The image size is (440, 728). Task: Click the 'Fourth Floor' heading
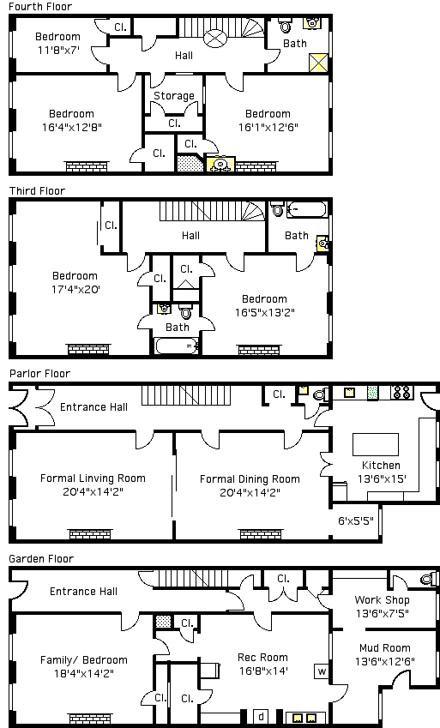click(x=40, y=7)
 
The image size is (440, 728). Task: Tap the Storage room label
click(x=174, y=96)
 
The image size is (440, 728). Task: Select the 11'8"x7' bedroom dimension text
click(x=58, y=50)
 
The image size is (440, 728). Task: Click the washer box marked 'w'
click(x=322, y=671)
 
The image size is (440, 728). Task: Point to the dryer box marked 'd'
click(x=261, y=715)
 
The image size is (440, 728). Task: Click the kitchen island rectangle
click(x=376, y=444)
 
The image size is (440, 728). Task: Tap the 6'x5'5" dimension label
click(x=355, y=521)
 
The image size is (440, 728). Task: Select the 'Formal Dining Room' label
click(x=250, y=479)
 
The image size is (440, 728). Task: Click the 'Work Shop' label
click(x=382, y=600)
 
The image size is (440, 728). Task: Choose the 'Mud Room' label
click(x=385, y=648)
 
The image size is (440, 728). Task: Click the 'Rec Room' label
click(x=262, y=658)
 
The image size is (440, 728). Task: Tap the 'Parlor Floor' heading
click(x=40, y=374)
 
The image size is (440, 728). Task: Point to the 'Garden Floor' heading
click(x=41, y=558)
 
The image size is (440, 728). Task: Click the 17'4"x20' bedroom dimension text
click(x=75, y=289)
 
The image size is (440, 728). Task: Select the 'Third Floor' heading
click(x=37, y=191)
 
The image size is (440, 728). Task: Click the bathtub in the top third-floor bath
click(x=307, y=209)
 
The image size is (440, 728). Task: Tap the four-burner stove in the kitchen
click(x=402, y=393)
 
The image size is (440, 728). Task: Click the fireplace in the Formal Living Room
click(x=91, y=533)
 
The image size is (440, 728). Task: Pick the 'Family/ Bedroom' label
click(x=84, y=660)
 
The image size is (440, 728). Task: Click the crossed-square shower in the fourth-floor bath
click(x=319, y=63)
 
